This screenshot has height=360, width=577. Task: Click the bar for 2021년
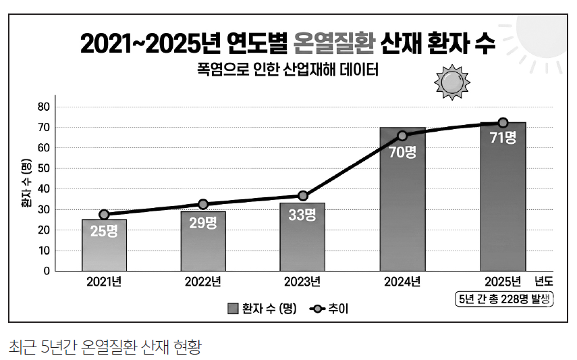[104, 245]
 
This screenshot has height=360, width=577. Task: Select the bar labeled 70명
[403, 199]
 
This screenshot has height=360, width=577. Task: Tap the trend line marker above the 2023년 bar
[303, 196]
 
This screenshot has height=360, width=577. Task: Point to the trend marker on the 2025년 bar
[503, 123]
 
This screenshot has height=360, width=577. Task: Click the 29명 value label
[203, 223]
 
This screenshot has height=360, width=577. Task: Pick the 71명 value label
[503, 138]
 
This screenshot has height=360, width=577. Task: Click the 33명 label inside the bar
[302, 215]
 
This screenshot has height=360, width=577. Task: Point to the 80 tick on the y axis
[43, 107]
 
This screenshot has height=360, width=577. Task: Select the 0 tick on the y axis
[47, 272]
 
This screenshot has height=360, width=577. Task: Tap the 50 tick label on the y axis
[43, 168]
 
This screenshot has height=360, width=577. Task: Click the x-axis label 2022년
[202, 282]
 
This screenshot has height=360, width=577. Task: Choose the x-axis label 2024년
[402, 282]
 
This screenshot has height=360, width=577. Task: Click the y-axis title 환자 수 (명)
[26, 183]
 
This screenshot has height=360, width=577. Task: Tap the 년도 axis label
[544, 282]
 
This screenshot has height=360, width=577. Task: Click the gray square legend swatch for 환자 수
[233, 309]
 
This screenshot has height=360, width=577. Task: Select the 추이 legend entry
[329, 309]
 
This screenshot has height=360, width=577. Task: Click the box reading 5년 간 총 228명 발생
[504, 299]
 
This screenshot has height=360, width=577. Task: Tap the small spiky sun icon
[452, 82]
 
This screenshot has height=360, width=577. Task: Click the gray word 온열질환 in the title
[334, 43]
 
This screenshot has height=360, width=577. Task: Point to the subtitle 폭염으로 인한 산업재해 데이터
[287, 70]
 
